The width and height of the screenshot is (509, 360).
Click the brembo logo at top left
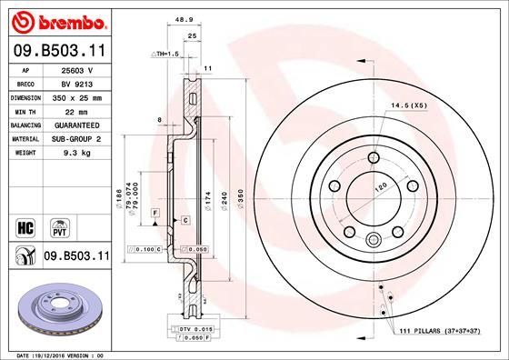pos(56,20)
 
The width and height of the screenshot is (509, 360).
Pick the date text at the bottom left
pos(56,355)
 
